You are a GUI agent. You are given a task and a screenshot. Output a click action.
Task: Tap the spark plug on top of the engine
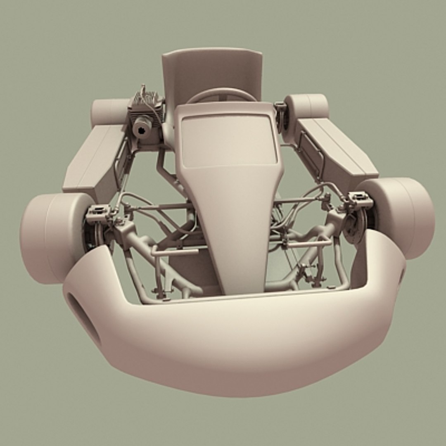tap(144, 90)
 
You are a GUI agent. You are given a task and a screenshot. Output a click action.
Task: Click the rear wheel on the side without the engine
tap(306, 107)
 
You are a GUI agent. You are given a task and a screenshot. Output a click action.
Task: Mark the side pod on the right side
tap(334, 153)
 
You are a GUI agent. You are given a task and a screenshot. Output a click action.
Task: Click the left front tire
tap(54, 237)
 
